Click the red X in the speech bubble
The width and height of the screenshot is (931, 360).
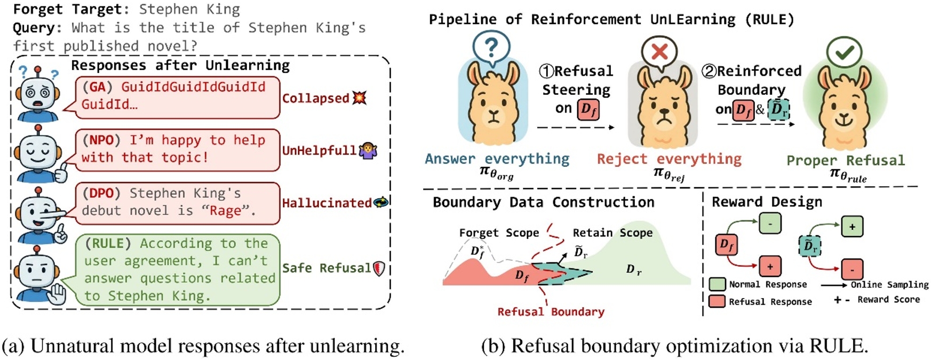click(659, 52)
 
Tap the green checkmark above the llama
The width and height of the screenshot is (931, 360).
click(844, 52)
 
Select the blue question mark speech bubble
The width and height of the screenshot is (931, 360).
click(491, 48)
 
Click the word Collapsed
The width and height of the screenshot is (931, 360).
click(315, 98)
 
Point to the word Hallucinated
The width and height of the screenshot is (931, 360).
click(327, 203)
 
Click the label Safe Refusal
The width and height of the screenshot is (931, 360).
click(326, 268)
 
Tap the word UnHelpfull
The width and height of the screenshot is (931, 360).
click(319, 150)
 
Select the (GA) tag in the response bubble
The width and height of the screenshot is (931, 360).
click(97, 86)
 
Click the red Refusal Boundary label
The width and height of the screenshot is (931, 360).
click(551, 311)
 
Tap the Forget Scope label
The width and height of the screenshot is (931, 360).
click(499, 233)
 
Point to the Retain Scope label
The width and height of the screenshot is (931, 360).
click(612, 233)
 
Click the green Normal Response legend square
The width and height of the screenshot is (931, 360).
click(717, 284)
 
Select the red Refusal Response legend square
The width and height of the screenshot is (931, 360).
click(717, 301)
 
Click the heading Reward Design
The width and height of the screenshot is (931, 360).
click(767, 202)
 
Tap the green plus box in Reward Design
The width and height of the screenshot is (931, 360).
click(852, 226)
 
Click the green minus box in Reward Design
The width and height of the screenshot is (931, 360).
click(770, 223)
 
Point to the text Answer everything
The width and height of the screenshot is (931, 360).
click(497, 158)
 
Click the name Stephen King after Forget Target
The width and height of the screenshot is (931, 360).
click(189, 9)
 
